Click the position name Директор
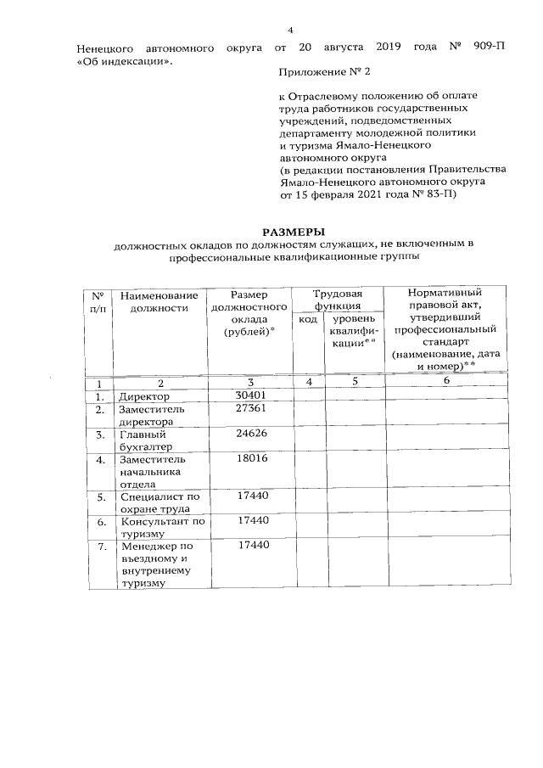[144, 396]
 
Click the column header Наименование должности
[160, 301]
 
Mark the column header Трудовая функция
[338, 300]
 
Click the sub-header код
[309, 319]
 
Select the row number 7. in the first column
[100, 547]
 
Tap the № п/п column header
[98, 301]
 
